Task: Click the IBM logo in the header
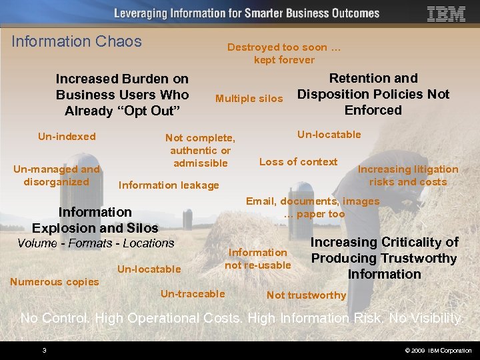coord(446,14)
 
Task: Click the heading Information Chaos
coord(77,41)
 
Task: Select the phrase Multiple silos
coord(249,99)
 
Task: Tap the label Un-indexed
coord(67,137)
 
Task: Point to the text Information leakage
coord(168,185)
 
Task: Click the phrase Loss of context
coord(298,161)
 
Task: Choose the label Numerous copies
coord(55,281)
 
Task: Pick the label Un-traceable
coord(193,293)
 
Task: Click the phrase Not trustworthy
coord(306,295)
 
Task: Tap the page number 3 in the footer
coord(44,351)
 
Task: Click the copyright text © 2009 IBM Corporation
coord(437,351)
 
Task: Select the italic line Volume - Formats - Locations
coord(95,243)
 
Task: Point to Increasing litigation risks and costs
coord(408,175)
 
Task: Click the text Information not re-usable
coord(258,259)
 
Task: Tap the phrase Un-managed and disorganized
coord(57,175)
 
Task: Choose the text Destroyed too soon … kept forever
coord(284,53)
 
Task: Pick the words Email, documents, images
coord(313,201)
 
